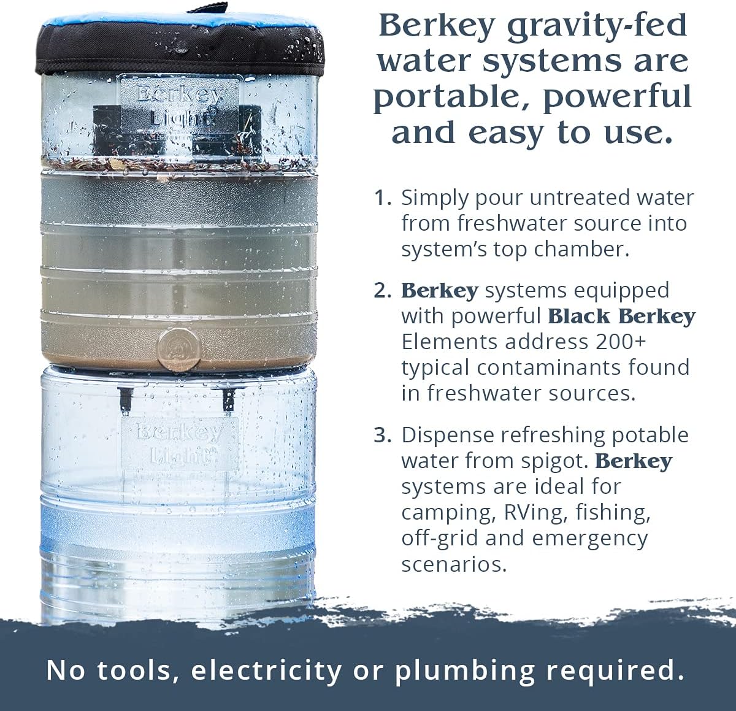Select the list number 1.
coord(383,198)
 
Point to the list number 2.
coord(383,291)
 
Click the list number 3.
coord(383,436)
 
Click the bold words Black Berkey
coord(621,317)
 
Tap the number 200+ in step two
coord(621,342)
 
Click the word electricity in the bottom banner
coord(266,671)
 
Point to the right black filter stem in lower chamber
coord(228,399)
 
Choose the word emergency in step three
coord(590,539)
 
